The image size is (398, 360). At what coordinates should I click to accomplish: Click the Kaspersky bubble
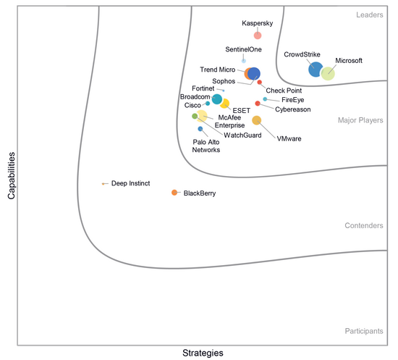(x=258, y=35)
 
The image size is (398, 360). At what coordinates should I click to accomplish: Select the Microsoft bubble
(x=328, y=74)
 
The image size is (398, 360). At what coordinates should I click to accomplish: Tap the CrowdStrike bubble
(x=316, y=69)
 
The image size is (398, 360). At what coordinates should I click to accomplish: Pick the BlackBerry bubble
(x=174, y=193)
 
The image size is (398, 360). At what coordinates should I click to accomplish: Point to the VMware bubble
(x=257, y=120)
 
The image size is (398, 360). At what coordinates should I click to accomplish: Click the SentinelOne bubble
(x=244, y=61)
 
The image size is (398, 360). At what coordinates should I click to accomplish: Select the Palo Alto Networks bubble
(x=200, y=129)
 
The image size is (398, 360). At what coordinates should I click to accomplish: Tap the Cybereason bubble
(x=258, y=104)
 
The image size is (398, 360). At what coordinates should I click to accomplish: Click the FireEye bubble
(x=265, y=99)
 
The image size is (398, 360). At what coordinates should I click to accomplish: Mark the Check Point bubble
(x=259, y=82)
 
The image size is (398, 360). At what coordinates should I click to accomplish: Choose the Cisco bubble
(x=208, y=104)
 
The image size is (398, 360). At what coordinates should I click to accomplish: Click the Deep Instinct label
(x=130, y=183)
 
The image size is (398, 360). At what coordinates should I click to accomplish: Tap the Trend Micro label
(x=218, y=70)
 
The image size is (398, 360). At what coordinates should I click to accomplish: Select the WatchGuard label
(x=242, y=135)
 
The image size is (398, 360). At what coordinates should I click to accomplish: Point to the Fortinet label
(x=203, y=88)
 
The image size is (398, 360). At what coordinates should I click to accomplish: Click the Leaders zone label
(x=370, y=14)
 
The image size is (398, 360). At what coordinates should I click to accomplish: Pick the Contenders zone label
(x=364, y=225)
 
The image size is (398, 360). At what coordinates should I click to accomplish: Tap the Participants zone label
(x=364, y=331)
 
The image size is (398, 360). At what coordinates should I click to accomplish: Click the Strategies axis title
(x=203, y=353)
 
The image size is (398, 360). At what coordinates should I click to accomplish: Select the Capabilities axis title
(x=12, y=175)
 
